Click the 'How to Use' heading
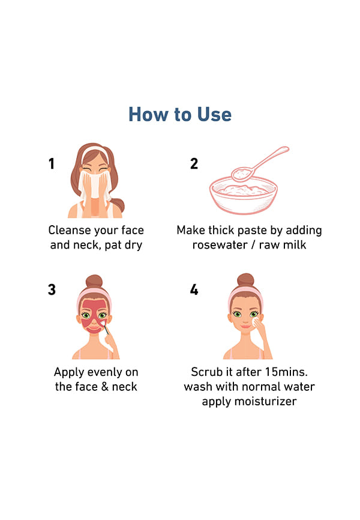pyautogui.click(x=180, y=115)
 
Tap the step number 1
pyautogui.click(x=52, y=163)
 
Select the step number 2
pyautogui.click(x=194, y=163)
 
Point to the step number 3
pyautogui.click(x=52, y=289)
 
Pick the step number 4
pyautogui.click(x=194, y=289)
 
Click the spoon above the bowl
pyautogui.click(x=259, y=164)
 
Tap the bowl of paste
pyautogui.click(x=244, y=196)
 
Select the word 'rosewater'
pyautogui.click(x=220, y=245)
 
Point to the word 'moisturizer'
pyautogui.click(x=270, y=401)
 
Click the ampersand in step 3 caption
pyautogui.click(x=105, y=387)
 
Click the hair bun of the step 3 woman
pyautogui.click(x=94, y=282)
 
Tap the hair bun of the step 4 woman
pyautogui.click(x=245, y=280)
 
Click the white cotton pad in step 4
pyautogui.click(x=256, y=322)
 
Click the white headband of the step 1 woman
pyautogui.click(x=95, y=153)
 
